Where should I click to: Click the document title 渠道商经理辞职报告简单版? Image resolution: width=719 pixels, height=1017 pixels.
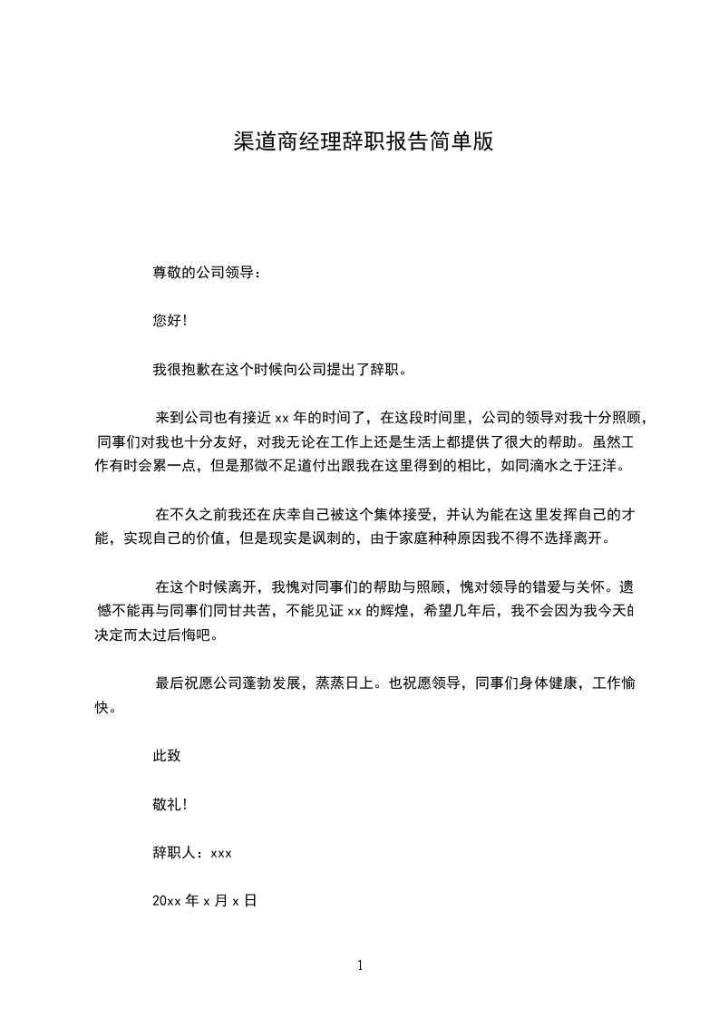pyautogui.click(x=363, y=141)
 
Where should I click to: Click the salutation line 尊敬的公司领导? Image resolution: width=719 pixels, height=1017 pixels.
pyautogui.click(x=207, y=272)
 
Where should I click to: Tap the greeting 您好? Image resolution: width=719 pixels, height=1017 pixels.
pyautogui.click(x=170, y=320)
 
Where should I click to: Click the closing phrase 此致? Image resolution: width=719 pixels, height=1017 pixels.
pyautogui.click(x=167, y=755)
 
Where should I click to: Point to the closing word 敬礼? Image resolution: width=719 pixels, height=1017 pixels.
pyautogui.click(x=170, y=804)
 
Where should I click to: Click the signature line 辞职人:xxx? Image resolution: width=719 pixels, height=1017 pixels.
pyautogui.click(x=193, y=853)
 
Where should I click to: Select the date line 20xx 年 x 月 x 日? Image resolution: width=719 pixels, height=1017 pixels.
pyautogui.click(x=205, y=902)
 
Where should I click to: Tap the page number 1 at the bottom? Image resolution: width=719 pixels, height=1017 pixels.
pyautogui.click(x=360, y=965)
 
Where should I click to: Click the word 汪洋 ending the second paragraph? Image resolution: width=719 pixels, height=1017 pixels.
pyautogui.click(x=603, y=467)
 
